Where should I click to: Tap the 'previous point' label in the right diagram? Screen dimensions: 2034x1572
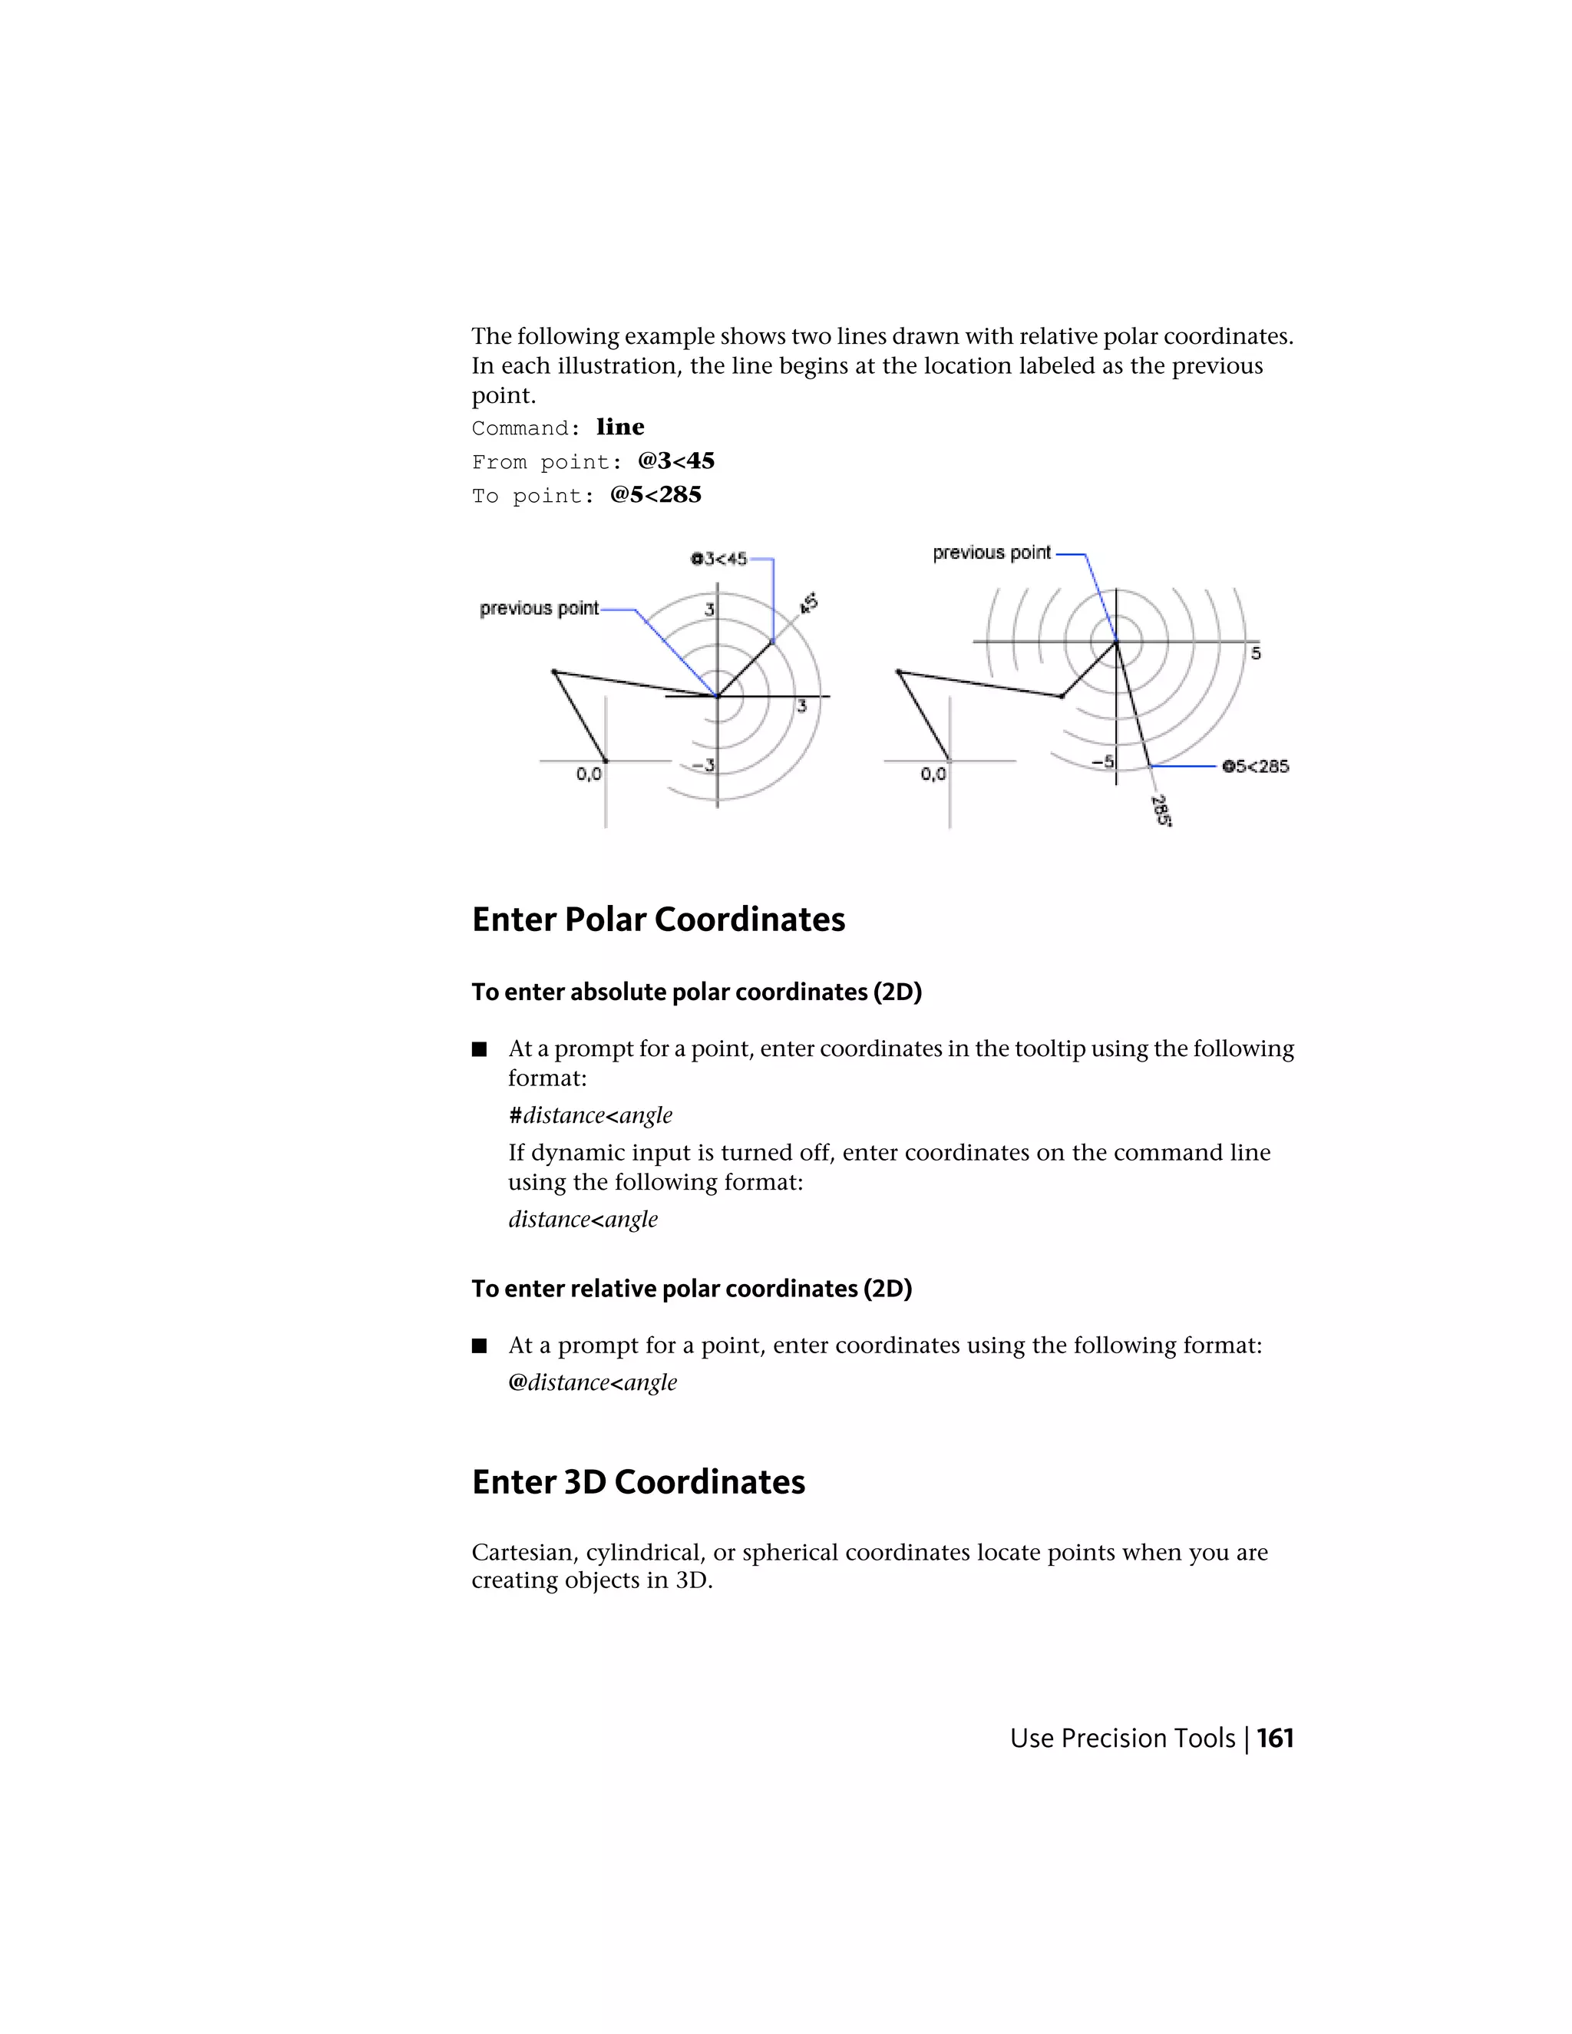[991, 553]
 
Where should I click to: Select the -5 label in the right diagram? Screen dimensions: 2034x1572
[1103, 762]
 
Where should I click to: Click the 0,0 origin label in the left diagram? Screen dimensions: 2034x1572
[589, 773]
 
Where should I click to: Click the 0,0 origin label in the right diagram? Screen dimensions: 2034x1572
[933, 773]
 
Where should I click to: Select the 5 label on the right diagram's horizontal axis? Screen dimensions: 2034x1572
[1255, 654]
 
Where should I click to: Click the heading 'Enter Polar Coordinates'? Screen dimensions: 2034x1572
[658, 920]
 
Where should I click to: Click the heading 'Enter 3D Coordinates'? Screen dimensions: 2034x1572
[638, 1481]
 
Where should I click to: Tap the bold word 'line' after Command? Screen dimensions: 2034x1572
[620, 427]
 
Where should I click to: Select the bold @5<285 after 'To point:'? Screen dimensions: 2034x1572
[656, 494]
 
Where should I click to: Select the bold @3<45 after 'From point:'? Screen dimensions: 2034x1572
[676, 461]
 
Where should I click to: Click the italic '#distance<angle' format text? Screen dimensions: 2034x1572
[589, 1114]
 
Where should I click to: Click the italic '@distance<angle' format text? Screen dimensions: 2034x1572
[593, 1382]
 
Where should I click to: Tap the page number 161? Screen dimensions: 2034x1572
[1275, 1738]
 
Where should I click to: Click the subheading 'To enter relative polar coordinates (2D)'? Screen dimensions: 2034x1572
[691, 1288]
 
